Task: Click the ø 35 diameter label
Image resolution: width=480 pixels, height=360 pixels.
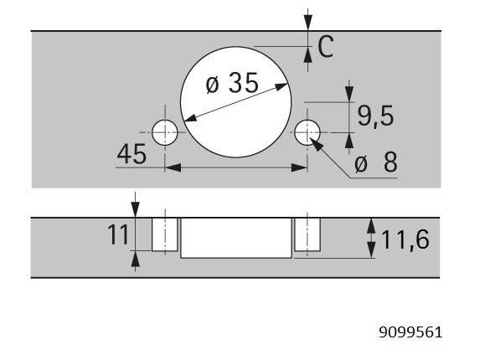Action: pos(232,83)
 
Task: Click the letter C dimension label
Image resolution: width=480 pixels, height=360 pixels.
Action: pos(325,47)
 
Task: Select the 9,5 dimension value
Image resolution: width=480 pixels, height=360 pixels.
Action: pos(375,116)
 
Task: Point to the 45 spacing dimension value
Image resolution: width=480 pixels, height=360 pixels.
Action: pos(132,154)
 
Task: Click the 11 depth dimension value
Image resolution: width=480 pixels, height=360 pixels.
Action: pos(117,234)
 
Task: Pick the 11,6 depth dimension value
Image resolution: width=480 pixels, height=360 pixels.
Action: pos(405,239)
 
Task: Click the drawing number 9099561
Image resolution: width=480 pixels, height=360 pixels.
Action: pos(410,332)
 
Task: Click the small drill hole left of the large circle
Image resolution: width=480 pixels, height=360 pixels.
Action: pos(165,132)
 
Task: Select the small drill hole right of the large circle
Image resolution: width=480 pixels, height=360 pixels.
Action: pos(307,132)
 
